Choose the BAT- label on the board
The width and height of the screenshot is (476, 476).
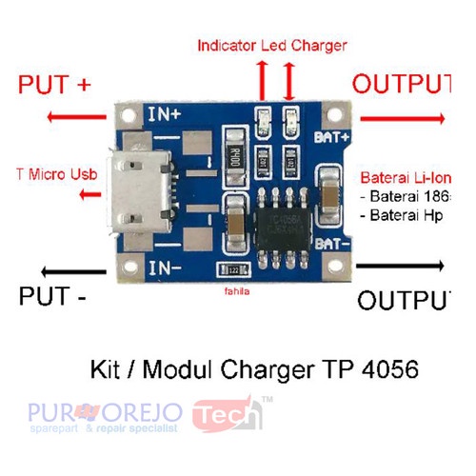[x=333, y=245]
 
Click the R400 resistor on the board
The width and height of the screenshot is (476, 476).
[x=237, y=156]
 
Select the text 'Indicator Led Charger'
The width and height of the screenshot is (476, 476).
[x=272, y=45]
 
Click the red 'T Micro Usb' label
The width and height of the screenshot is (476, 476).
[x=57, y=174]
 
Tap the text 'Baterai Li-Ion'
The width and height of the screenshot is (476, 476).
[x=405, y=178]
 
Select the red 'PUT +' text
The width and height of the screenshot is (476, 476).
[x=55, y=85]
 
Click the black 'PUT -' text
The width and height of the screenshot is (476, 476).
[x=53, y=297]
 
